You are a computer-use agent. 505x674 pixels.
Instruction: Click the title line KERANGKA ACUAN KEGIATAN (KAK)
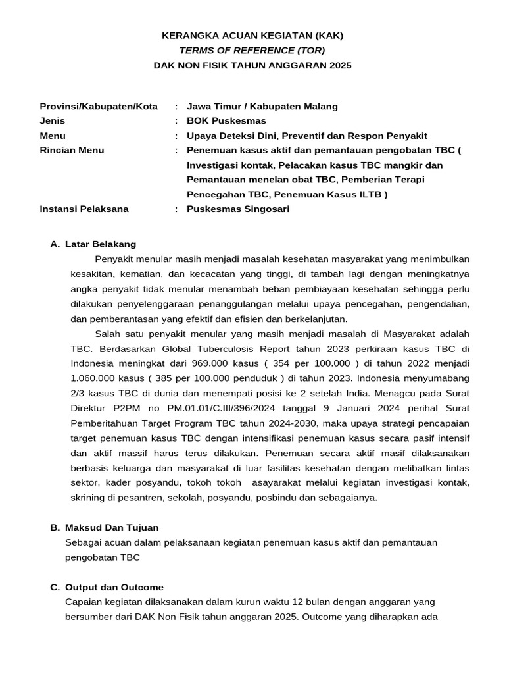pyautogui.click(x=252, y=35)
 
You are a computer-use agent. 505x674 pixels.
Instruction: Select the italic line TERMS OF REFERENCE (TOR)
pyautogui.click(x=252, y=50)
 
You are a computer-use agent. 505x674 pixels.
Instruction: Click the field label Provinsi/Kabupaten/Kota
pyautogui.click(x=99, y=106)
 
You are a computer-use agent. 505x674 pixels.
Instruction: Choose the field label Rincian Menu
pyautogui.click(x=72, y=150)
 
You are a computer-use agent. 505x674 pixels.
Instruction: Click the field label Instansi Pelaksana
pyautogui.click(x=84, y=209)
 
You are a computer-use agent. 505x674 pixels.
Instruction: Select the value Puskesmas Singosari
pyautogui.click(x=237, y=209)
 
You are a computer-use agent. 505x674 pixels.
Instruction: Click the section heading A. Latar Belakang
pyautogui.click(x=93, y=244)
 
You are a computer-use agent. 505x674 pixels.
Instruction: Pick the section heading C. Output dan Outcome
pyautogui.click(x=107, y=587)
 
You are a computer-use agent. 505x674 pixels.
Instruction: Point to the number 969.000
pyautogui.click(x=210, y=363)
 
